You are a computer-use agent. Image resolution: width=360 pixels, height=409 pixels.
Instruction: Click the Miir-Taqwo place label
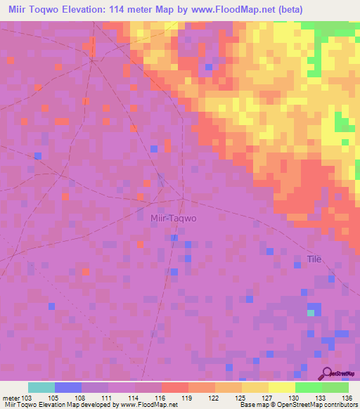[174, 218]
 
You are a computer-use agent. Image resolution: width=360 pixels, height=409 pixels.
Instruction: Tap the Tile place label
[314, 259]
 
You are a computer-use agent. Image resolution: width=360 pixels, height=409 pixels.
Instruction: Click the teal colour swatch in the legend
[41, 387]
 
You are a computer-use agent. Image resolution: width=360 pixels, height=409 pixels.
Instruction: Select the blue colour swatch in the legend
[67, 387]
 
